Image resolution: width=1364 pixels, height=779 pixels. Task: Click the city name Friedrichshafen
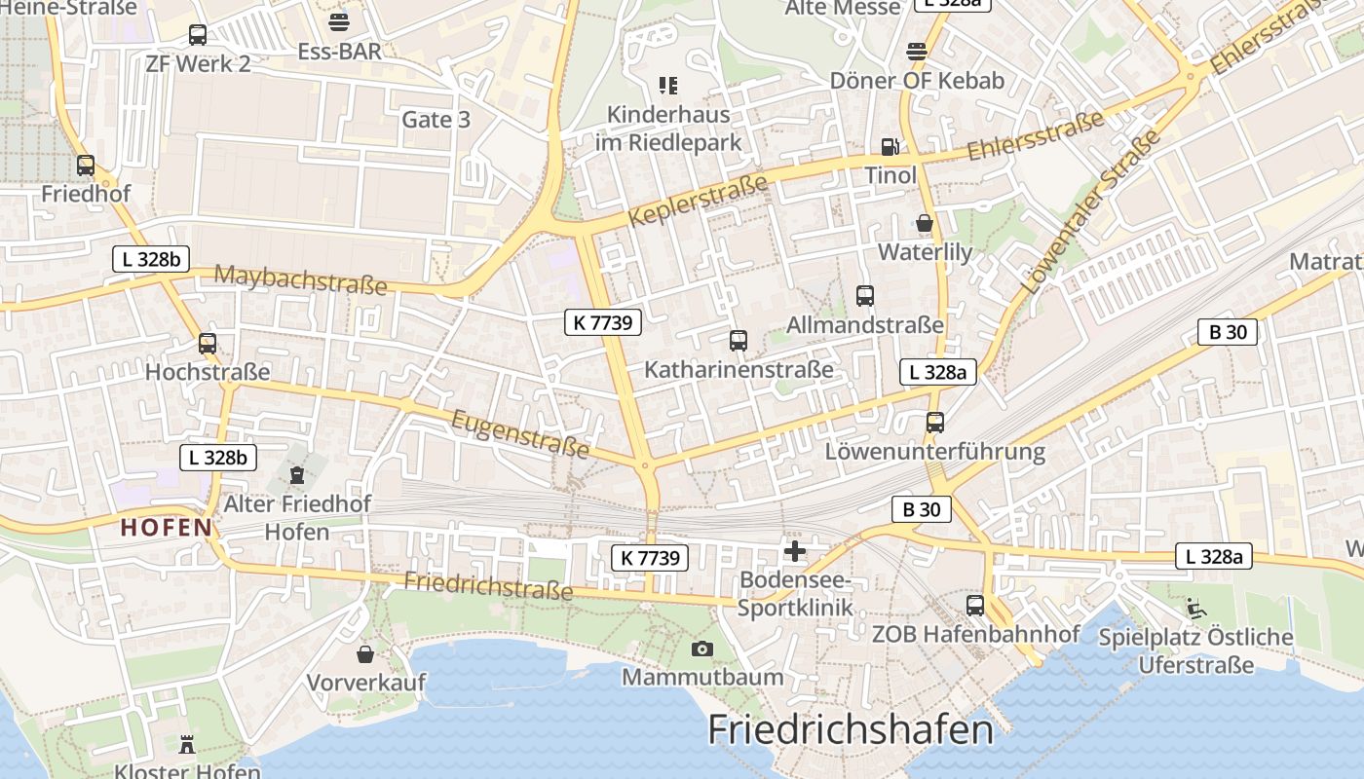(851, 729)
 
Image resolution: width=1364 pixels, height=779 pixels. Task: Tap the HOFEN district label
(166, 529)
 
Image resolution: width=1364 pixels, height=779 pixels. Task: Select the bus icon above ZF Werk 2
(198, 36)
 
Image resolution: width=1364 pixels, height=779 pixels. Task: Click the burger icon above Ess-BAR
(339, 22)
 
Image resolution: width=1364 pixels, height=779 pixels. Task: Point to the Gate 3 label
(436, 120)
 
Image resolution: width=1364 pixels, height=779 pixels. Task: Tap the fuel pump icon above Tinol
(890, 147)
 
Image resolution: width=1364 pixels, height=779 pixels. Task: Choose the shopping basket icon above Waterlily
(925, 224)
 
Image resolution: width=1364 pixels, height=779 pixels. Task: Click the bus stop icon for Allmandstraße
(864, 296)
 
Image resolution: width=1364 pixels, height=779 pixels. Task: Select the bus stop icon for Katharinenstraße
(739, 341)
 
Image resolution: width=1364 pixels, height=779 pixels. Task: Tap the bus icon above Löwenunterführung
(935, 423)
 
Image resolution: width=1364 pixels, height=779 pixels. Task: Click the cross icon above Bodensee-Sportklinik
(795, 552)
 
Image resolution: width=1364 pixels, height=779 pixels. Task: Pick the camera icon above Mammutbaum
(701, 649)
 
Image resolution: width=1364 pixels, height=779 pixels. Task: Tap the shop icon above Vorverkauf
(365, 654)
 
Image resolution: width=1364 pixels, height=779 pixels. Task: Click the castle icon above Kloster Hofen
(187, 745)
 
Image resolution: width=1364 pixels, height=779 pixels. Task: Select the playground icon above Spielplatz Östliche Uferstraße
(1195, 610)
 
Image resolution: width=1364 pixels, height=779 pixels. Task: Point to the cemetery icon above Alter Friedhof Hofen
(297, 475)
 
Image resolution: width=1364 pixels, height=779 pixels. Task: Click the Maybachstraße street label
(300, 279)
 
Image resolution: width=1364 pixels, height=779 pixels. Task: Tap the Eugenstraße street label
(521, 433)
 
